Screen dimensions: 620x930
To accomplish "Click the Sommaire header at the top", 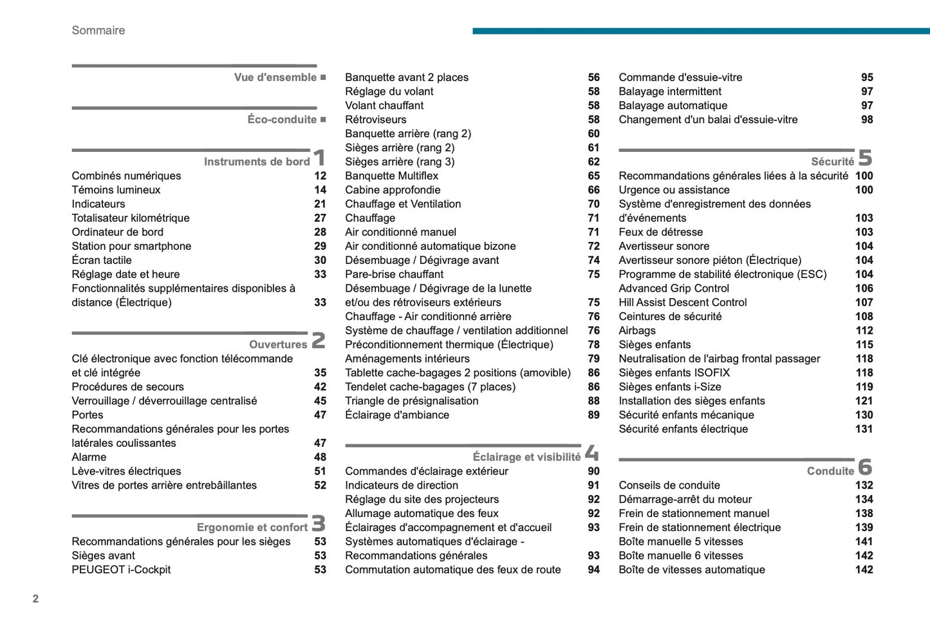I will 98,30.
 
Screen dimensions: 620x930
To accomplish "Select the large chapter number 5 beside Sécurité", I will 865,158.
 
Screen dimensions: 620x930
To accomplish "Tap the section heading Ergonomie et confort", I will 252,527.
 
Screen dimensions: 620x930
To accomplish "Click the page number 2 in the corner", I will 35,599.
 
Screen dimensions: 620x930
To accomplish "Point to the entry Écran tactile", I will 102,260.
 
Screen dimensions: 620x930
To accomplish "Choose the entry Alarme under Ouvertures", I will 89,457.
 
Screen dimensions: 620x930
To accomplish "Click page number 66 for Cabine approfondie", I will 593,190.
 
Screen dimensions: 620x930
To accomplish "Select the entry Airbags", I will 637,330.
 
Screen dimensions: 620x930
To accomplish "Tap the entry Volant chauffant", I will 384,106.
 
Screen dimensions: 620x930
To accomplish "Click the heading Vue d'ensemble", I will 275,77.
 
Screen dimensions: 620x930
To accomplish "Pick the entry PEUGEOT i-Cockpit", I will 121,570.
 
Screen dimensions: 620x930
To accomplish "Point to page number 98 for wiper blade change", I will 867,120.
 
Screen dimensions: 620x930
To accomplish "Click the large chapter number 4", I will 591,453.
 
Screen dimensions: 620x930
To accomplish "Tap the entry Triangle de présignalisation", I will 412,401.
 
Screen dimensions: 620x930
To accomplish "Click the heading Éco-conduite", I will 282,120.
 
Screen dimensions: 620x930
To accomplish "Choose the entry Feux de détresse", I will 661,232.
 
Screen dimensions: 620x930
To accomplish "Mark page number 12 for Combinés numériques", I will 320,176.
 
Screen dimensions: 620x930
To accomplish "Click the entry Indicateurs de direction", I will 402,485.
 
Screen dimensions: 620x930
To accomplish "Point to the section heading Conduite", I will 830,471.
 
